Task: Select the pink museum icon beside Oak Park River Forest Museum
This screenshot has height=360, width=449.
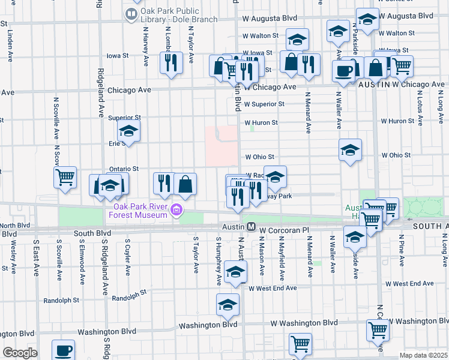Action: click(176, 210)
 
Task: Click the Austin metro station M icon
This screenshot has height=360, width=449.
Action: click(252, 227)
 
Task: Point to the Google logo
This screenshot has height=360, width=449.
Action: click(20, 353)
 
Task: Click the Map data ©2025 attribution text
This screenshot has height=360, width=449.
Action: click(424, 355)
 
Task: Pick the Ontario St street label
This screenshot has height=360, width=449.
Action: click(123, 169)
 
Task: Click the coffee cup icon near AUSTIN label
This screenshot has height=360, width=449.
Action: click(344, 71)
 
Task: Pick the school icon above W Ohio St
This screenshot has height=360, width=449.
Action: click(351, 151)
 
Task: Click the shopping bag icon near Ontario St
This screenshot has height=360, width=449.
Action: click(186, 185)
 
